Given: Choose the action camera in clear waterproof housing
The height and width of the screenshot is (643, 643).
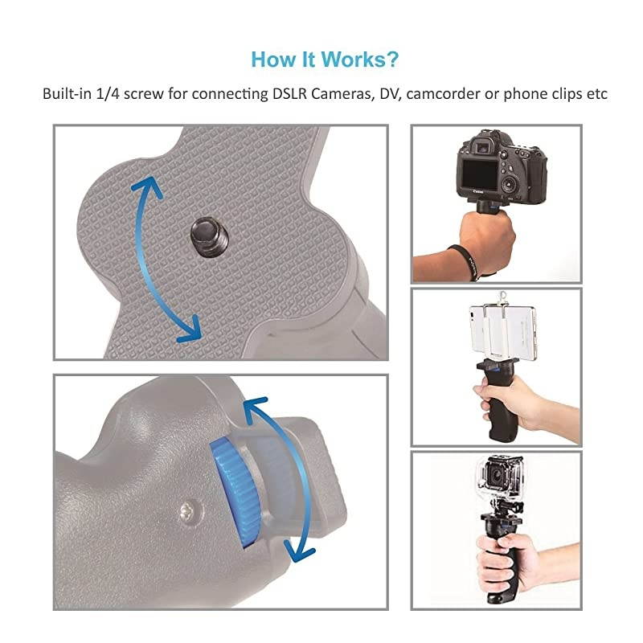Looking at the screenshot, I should [x=496, y=480].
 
